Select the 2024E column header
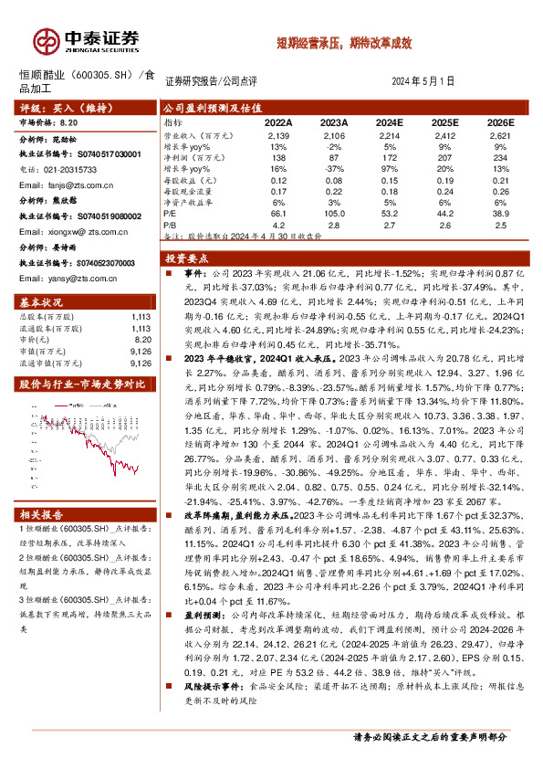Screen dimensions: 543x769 pyautogui.click(x=389, y=121)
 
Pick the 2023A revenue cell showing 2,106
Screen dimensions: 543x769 pyautogui.click(x=334, y=134)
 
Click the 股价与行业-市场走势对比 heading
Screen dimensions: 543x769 pyautogui.click(x=75, y=384)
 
